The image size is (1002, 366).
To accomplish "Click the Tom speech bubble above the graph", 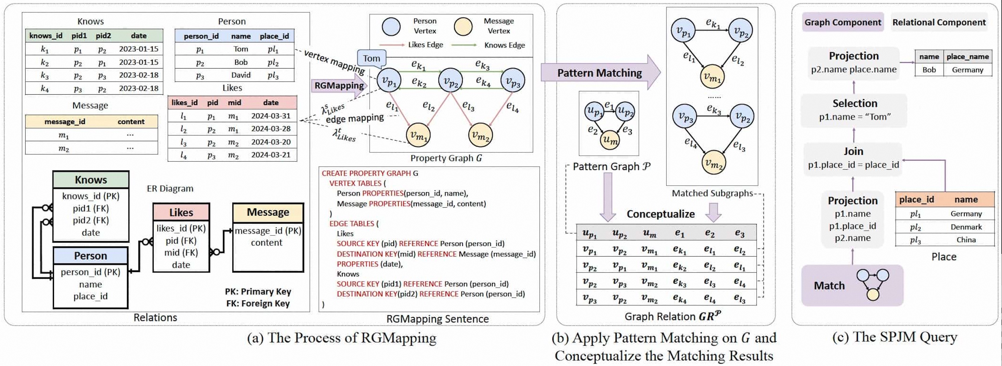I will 371,58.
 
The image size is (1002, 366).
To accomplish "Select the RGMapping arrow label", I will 339,86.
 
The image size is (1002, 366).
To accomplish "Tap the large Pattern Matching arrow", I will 600,73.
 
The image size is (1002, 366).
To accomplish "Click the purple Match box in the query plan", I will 852,286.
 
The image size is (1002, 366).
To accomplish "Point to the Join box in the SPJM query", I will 853,158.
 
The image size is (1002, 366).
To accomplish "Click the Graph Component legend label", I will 842,23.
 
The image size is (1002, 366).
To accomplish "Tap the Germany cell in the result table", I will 967,70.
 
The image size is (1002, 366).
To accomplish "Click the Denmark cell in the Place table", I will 966,227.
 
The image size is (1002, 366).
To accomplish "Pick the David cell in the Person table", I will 241,75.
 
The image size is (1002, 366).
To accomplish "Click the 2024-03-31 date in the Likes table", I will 271,116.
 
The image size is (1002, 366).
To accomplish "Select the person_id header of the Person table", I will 201,36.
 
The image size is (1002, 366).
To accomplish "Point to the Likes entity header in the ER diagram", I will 181,212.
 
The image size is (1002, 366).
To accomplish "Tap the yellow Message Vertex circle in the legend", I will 463,26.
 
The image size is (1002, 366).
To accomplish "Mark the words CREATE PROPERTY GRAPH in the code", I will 366,174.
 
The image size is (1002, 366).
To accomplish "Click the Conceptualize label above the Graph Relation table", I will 661,214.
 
